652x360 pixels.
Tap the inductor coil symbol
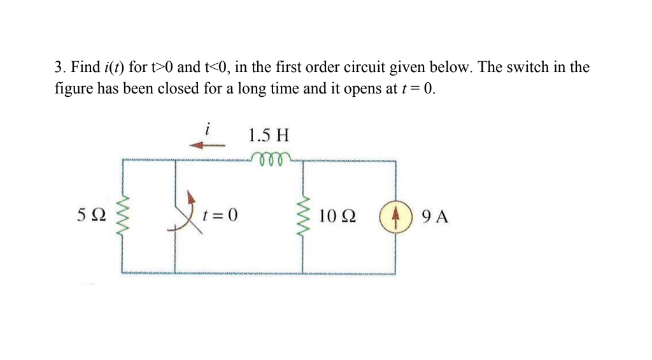pos(271,157)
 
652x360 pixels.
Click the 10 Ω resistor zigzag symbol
pos(302,216)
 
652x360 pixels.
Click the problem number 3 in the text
pos(58,67)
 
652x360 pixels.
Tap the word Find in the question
pos(85,67)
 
